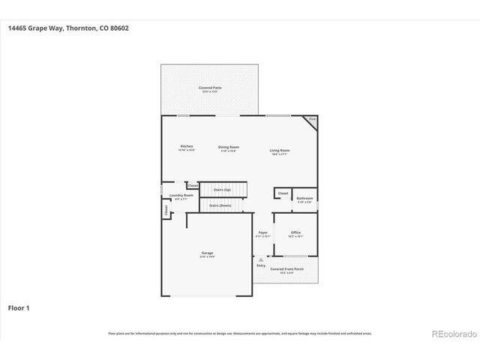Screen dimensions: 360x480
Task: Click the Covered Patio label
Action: [210, 89]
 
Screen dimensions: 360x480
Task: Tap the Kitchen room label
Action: [187, 147]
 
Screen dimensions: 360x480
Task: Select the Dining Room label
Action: [229, 148]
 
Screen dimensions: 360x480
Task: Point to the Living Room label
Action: [280, 151]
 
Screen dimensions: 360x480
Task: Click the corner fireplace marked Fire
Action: [313, 120]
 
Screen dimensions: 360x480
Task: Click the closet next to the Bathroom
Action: [283, 193]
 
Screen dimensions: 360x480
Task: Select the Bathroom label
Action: [304, 199]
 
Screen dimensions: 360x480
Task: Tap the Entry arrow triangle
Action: [261, 259]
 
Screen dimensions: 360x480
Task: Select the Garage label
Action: [208, 254]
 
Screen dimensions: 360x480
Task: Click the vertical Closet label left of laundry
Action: [166, 211]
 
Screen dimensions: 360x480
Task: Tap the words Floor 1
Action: [19, 307]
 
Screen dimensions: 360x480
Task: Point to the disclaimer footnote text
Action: [240, 333]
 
